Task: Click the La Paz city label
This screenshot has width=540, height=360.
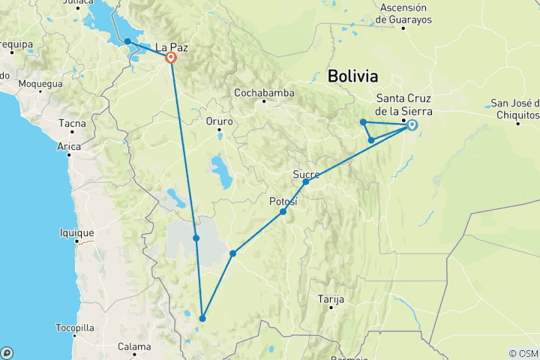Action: [x=171, y=47]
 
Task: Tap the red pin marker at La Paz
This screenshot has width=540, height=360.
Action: [x=172, y=57]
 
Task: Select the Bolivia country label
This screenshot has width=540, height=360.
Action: [x=352, y=76]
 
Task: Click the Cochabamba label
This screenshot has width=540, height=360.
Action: [x=263, y=94]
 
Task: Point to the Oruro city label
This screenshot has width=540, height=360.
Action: [x=220, y=121]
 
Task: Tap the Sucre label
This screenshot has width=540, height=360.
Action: [x=307, y=175]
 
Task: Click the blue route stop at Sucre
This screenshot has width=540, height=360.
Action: [x=305, y=182]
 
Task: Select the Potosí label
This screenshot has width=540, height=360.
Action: [x=283, y=202]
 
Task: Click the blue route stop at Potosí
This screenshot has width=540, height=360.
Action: [x=283, y=212]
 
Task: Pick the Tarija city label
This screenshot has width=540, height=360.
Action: [x=331, y=299]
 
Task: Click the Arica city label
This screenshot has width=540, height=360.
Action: [x=69, y=146]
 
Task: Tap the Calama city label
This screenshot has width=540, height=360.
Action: [x=135, y=346]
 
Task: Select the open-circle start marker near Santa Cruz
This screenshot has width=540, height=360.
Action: [x=412, y=125]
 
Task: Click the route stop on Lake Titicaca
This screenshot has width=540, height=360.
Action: [x=128, y=41]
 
